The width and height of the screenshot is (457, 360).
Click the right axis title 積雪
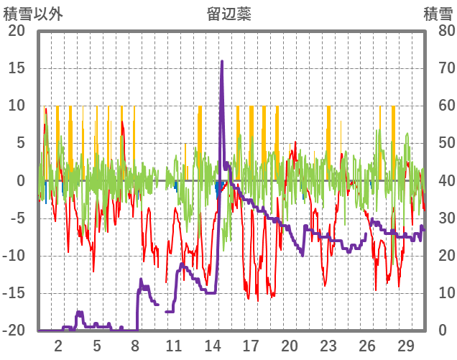tap(437, 14)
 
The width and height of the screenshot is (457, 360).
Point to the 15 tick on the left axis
tap(16, 69)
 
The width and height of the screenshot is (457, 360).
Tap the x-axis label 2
tap(58, 345)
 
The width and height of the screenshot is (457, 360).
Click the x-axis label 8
tap(135, 345)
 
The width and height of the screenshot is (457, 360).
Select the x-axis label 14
tap(212, 345)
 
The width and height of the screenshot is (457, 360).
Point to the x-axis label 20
tap(290, 345)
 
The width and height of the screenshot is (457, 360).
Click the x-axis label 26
tap(366, 345)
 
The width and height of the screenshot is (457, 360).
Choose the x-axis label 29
tap(405, 345)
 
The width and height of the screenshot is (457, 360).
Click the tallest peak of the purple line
tap(222, 62)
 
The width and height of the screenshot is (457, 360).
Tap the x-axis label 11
tap(173, 345)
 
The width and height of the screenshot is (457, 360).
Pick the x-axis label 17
tap(251, 345)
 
